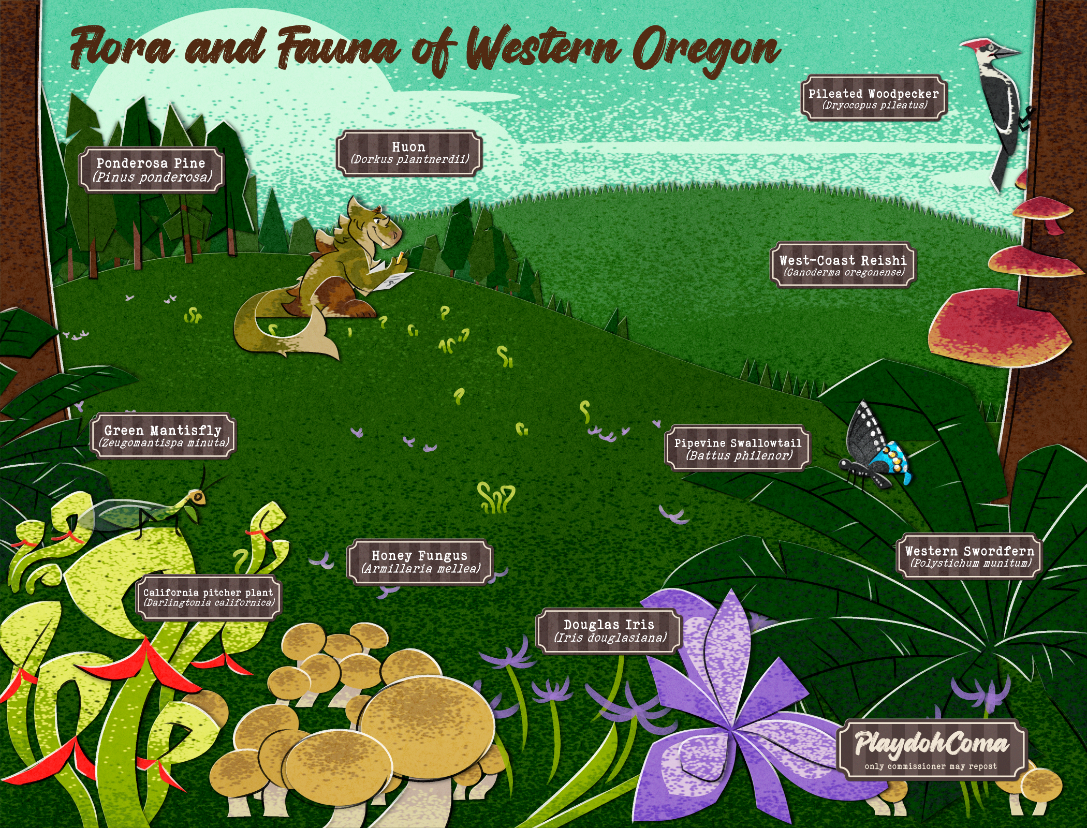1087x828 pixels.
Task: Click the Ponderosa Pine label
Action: pos(152,170)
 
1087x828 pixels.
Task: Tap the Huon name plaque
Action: pos(409,153)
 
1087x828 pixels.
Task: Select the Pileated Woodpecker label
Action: pos(874,98)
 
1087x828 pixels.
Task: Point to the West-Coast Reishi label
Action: pos(843,265)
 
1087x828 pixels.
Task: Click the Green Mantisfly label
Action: pos(163,436)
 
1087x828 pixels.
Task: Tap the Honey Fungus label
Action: pos(420,562)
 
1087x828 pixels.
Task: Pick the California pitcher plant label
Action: pos(209,597)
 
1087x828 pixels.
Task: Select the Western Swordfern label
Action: pos(969,556)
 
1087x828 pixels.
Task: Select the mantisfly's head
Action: pos(198,497)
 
